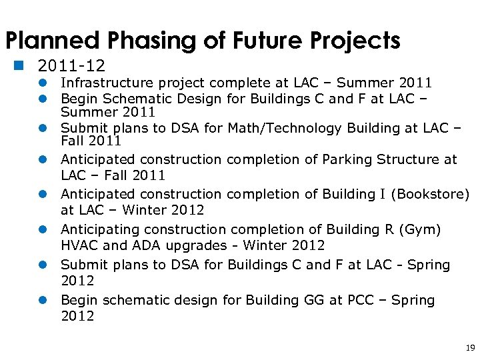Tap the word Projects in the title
(351, 41)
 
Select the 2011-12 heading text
(72, 66)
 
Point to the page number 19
(470, 348)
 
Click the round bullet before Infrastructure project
(41, 83)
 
